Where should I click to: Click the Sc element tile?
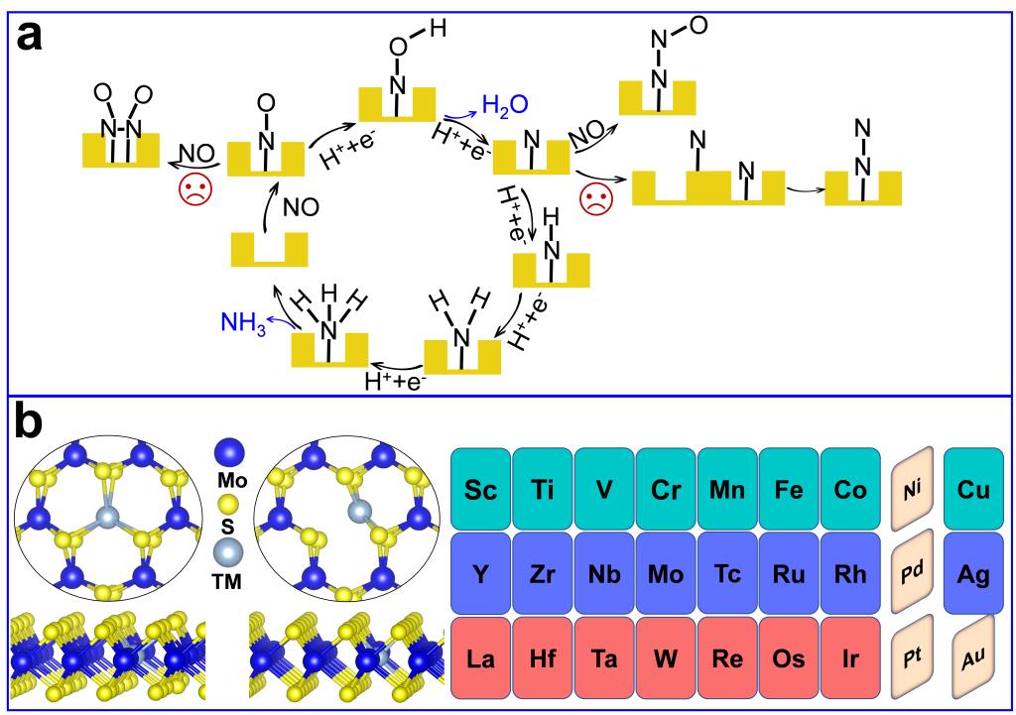click(481, 490)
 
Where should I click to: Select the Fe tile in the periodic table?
click(790, 490)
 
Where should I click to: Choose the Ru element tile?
click(790, 575)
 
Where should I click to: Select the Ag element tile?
click(974, 575)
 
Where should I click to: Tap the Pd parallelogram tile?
click(914, 575)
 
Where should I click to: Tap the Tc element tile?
click(728, 575)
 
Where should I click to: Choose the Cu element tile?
click(974, 490)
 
